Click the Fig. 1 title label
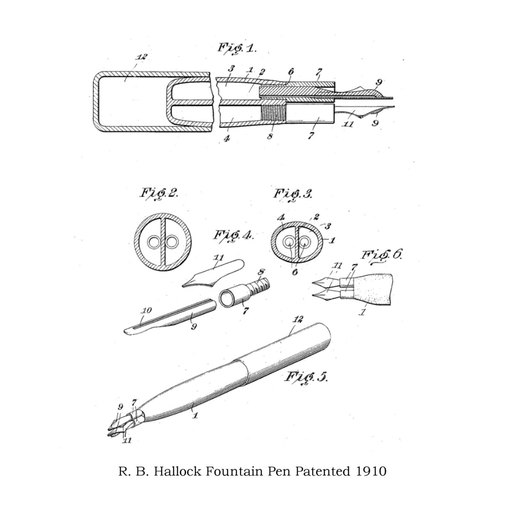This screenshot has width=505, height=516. pos(237,48)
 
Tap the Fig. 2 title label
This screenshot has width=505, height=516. pos(159,194)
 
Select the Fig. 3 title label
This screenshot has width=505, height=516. pos(293,194)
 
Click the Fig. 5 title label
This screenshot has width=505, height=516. pos(306,377)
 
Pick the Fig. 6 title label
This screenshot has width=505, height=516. pos(381,255)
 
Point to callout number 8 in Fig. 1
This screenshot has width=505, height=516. pos(270,137)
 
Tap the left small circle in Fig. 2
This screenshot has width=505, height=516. pos(153,242)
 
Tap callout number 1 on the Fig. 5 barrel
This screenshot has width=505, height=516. pos(195,414)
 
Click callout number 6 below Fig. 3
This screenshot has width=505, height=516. pos(295,272)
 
